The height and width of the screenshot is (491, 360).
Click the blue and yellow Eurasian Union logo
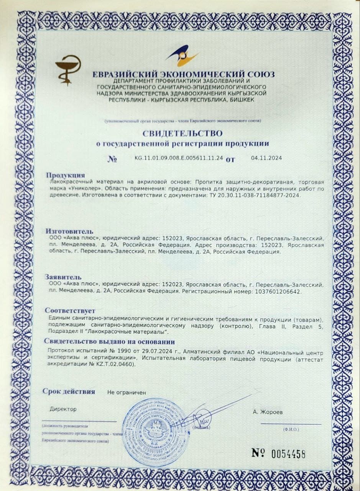click(x=182, y=56)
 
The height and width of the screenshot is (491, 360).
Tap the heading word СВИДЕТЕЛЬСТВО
click(x=182, y=133)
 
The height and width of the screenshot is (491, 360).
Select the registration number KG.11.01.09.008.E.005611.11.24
click(x=179, y=158)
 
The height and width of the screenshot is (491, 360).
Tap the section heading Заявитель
click(x=63, y=277)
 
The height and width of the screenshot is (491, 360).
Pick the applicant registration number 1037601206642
click(x=276, y=292)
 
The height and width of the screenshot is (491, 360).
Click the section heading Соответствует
click(x=70, y=310)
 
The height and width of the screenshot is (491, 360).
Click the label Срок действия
click(x=69, y=392)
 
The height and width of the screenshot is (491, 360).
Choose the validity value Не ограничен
click(x=127, y=392)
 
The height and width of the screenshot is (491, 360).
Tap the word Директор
click(x=63, y=409)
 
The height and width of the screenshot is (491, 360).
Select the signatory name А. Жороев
click(x=269, y=412)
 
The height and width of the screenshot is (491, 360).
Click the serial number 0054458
click(x=288, y=455)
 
